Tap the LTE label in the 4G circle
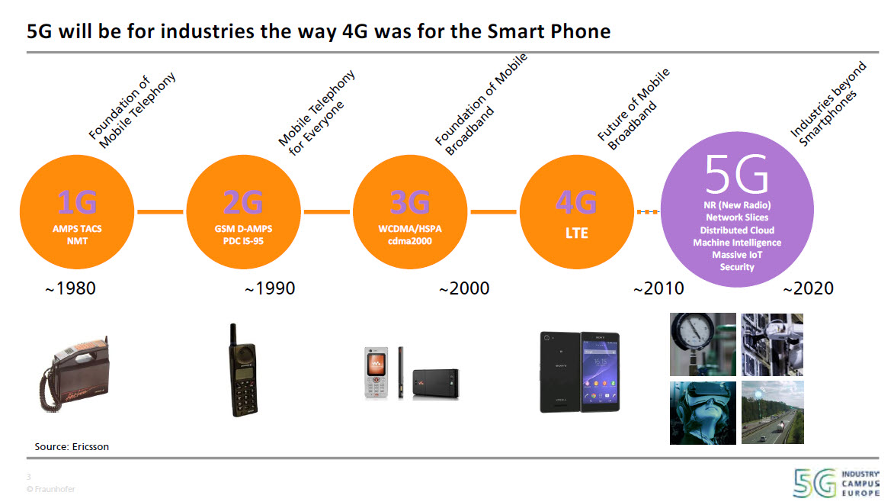click(x=577, y=233)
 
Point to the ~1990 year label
click(x=269, y=288)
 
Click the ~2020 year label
click(x=808, y=288)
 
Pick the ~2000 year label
click(x=463, y=288)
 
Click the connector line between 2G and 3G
click(x=327, y=211)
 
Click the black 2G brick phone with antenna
click(x=243, y=372)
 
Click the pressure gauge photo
click(x=702, y=344)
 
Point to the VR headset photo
click(x=702, y=412)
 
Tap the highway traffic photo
click(x=774, y=412)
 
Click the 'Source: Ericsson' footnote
click(x=72, y=446)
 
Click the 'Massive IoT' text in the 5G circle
click(x=736, y=255)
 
